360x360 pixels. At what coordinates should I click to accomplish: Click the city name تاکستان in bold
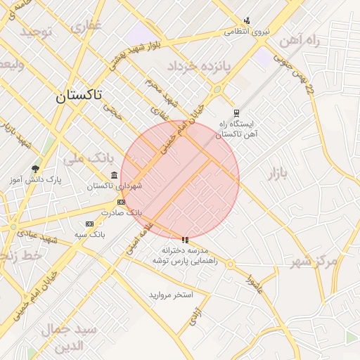tap(79, 95)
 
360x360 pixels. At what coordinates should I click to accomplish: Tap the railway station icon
tap(236, 112)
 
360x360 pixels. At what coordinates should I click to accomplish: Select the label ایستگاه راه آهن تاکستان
tap(236, 128)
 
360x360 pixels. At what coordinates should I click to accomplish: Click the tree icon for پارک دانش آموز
tap(35, 169)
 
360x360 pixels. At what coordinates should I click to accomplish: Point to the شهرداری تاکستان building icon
tap(114, 175)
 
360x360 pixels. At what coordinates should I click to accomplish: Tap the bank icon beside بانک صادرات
tap(122, 202)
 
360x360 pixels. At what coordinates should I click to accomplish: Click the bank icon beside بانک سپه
tap(89, 223)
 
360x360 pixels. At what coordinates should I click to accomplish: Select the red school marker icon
tap(185, 240)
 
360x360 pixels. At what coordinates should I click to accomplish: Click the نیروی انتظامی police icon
tap(247, 20)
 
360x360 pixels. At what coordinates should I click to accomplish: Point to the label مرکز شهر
tap(314, 262)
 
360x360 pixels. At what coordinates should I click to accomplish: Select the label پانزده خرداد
tap(198, 66)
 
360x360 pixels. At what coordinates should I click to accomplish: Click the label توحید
tap(37, 32)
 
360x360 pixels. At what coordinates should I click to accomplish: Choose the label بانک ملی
tap(84, 157)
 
